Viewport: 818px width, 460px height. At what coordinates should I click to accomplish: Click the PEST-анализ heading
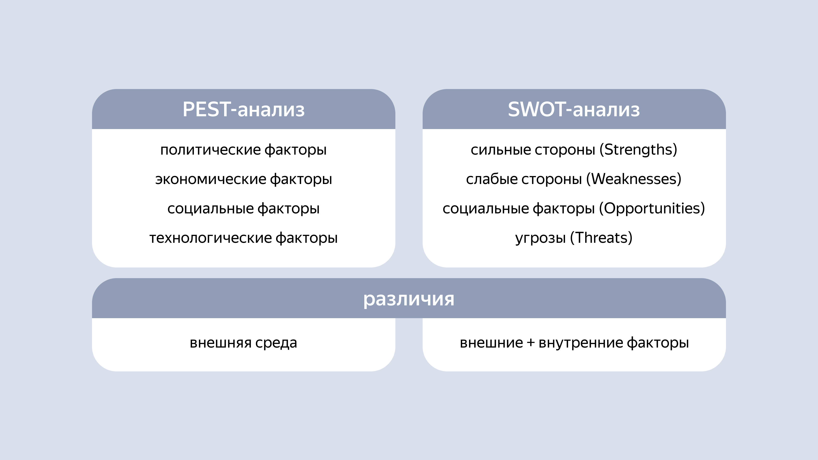(243, 109)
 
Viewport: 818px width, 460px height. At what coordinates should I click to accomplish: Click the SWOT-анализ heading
(574, 109)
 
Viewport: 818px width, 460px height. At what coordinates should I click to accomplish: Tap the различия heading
(409, 299)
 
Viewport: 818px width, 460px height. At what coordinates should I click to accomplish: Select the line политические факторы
(243, 149)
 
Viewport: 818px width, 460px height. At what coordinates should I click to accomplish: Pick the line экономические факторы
(243, 179)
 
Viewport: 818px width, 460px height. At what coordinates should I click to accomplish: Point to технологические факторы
(243, 238)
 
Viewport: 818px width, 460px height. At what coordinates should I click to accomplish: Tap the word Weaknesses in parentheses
(634, 179)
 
